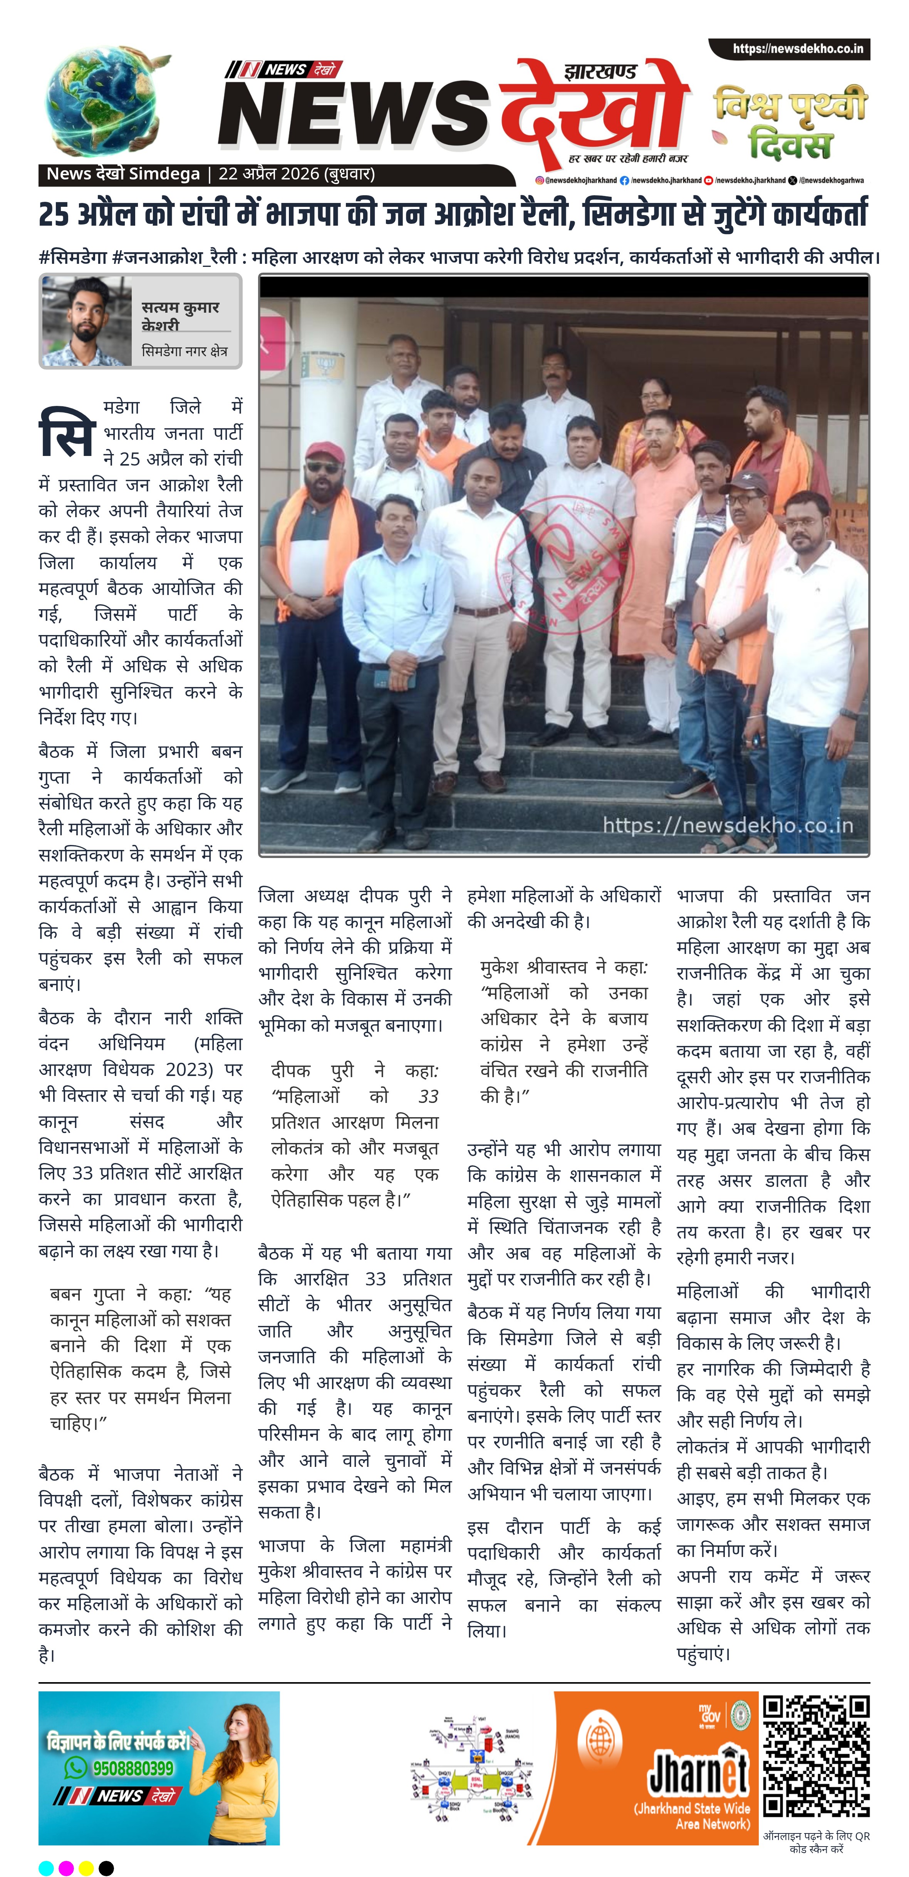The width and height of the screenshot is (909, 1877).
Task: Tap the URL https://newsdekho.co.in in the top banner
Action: tap(797, 49)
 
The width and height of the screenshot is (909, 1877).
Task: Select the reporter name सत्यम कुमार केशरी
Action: tap(179, 315)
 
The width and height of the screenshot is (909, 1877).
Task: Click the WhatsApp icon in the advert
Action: tap(75, 1768)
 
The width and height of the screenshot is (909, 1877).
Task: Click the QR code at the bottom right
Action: tap(816, 1756)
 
